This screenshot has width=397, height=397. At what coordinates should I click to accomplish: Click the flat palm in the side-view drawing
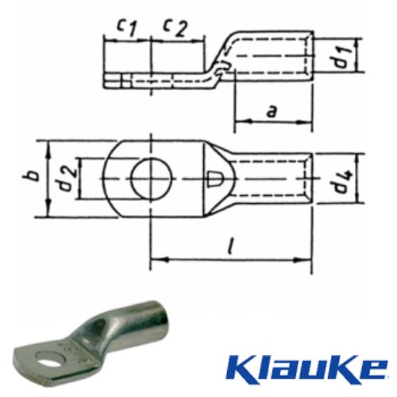(x=151, y=80)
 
